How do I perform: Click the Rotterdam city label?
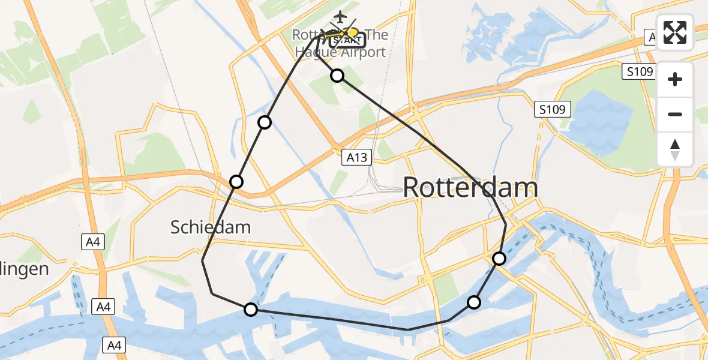point(470,187)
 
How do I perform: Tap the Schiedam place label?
point(210,227)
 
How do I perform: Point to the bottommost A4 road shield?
point(113,344)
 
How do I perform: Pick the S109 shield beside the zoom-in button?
point(638,72)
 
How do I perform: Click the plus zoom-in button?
point(675,79)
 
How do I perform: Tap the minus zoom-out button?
point(675,114)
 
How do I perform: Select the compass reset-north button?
point(675,149)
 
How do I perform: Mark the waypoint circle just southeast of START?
point(337,75)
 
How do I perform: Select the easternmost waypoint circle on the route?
point(499,259)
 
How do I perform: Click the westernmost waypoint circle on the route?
point(236,181)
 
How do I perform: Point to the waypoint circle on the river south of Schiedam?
point(251,310)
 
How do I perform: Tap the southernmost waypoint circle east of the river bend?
point(474,302)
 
